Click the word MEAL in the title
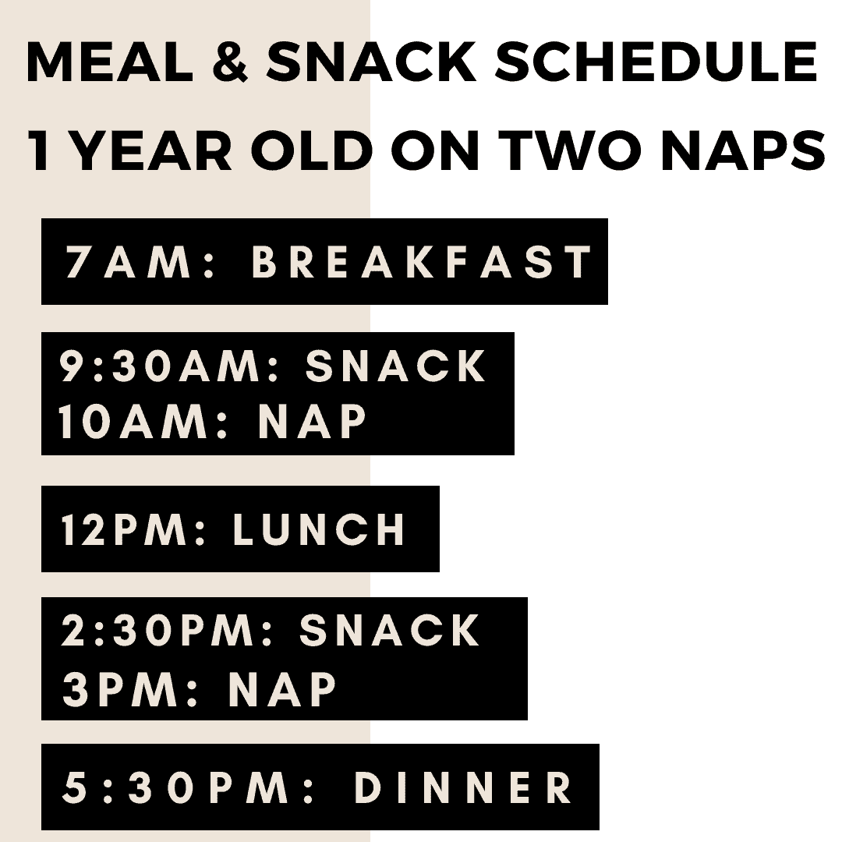(110, 62)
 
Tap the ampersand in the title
(230, 62)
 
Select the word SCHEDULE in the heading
(656, 62)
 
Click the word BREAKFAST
(422, 261)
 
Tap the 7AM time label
(140, 261)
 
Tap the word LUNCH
(319, 529)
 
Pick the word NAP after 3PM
(282, 688)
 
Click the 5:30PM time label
(187, 787)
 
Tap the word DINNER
(463, 787)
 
